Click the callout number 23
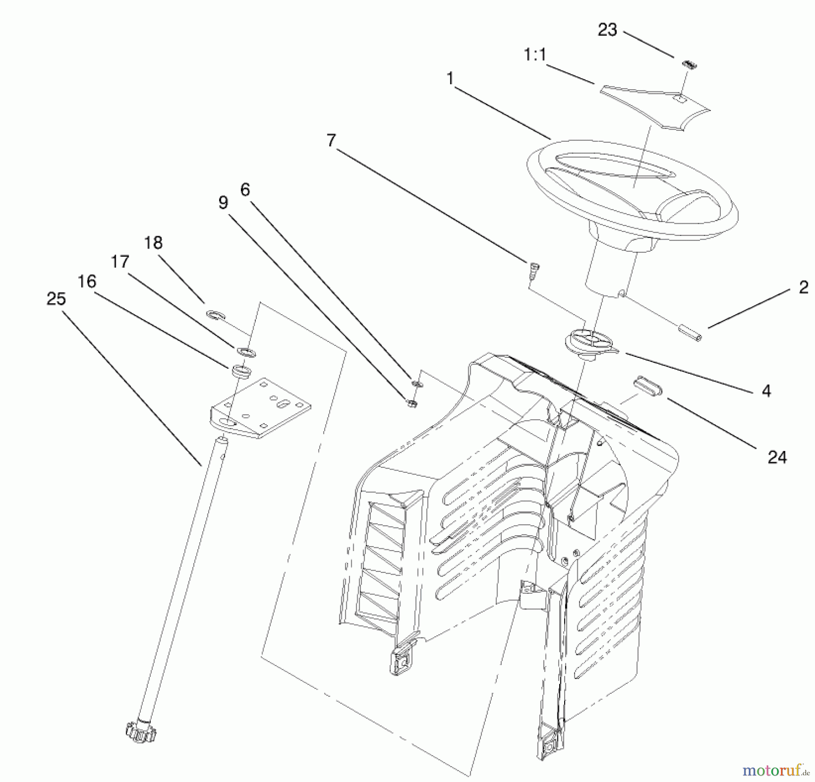click(x=608, y=30)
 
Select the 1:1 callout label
click(x=536, y=55)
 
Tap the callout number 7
click(x=331, y=141)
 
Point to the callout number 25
click(x=56, y=299)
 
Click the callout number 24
click(x=777, y=457)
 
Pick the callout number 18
click(x=153, y=243)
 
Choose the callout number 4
click(x=766, y=391)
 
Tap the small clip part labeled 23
click(x=689, y=65)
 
